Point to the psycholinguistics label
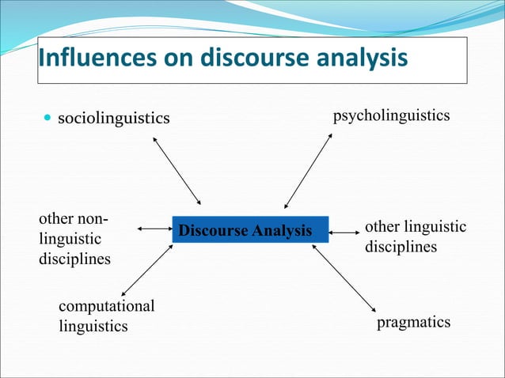[391, 116]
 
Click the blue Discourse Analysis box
[250, 230]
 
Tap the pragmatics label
[413, 323]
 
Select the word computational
[107, 306]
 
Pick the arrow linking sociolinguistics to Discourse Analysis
[177, 170]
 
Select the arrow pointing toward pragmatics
[344, 280]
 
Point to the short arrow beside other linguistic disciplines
[344, 232]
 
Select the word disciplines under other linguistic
[401, 247]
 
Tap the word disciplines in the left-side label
[74, 259]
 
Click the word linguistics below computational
[93, 325]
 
